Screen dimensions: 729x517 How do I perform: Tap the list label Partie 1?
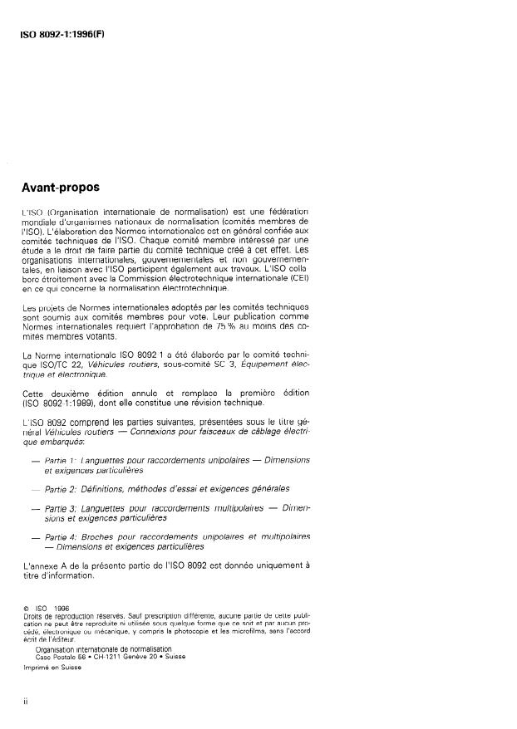[x=62, y=460]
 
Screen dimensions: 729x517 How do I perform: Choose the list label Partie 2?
[x=62, y=489]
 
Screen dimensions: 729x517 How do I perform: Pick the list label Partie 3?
[x=62, y=507]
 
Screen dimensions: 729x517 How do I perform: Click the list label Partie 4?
[x=62, y=537]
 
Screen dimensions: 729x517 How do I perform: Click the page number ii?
[x=25, y=701]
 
